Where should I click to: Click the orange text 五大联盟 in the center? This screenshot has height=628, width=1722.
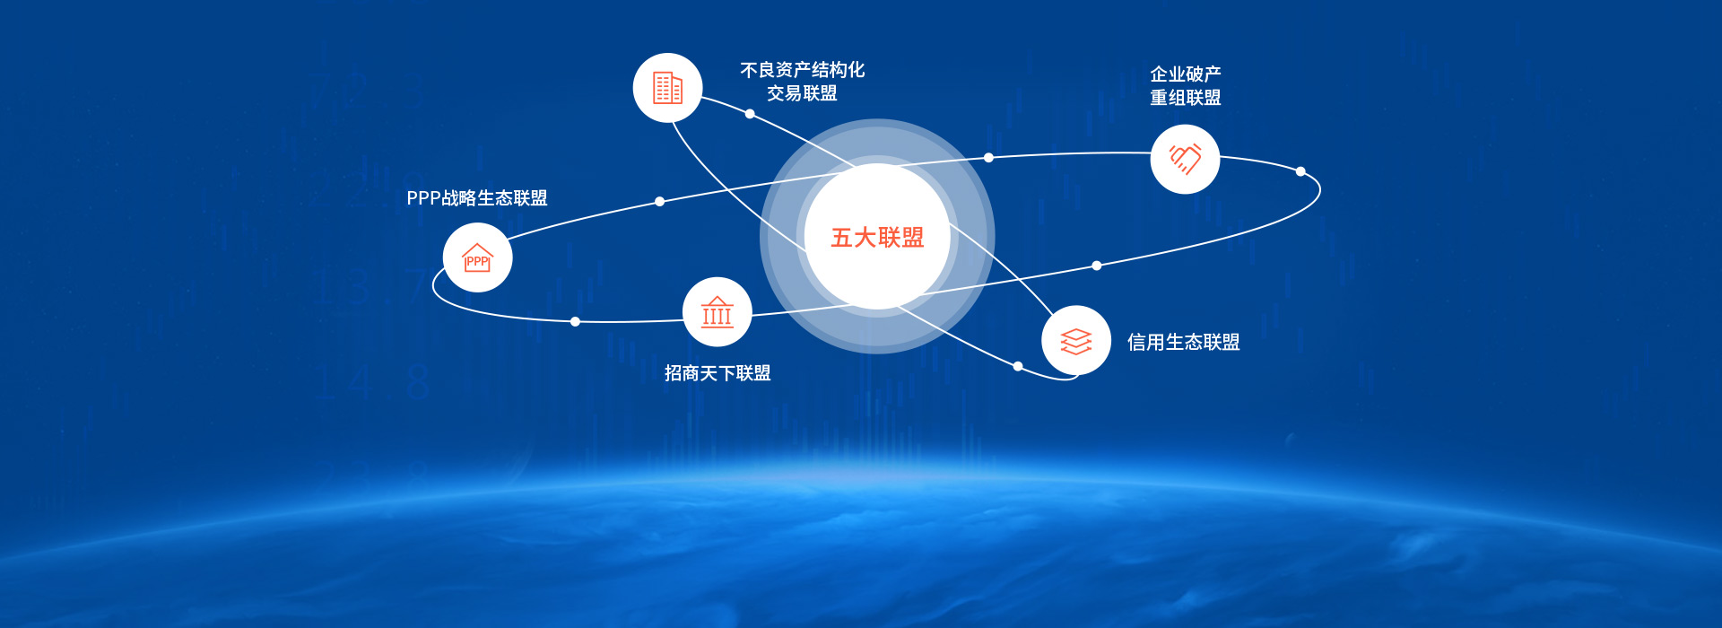click(x=877, y=238)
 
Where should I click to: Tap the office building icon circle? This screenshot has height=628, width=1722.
click(x=667, y=88)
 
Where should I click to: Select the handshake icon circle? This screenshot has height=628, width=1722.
click(x=1185, y=159)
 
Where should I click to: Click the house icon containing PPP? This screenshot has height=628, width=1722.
click(x=477, y=257)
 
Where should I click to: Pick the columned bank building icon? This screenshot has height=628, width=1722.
click(x=717, y=311)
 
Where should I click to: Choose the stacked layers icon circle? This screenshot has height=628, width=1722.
click(x=1076, y=341)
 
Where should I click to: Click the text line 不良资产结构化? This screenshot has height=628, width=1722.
click(x=802, y=70)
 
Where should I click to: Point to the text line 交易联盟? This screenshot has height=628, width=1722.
click(x=802, y=93)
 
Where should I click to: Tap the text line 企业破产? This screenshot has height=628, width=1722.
click(x=1186, y=74)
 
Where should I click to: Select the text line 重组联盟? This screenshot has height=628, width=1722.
click(x=1186, y=98)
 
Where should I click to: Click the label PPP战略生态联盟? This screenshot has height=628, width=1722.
click(x=477, y=198)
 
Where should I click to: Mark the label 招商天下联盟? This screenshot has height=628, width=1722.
click(x=717, y=373)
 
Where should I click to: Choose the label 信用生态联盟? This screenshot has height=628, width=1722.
click(x=1184, y=342)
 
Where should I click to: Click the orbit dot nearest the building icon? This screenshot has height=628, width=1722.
click(x=750, y=114)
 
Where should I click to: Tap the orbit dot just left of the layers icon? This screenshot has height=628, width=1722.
click(x=1017, y=366)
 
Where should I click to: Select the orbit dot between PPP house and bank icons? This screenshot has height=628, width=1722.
click(x=575, y=321)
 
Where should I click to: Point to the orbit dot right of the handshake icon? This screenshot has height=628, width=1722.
click(x=1300, y=171)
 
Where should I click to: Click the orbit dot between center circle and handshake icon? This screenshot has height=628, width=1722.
click(x=988, y=158)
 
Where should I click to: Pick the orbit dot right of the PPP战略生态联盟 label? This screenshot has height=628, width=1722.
click(x=659, y=201)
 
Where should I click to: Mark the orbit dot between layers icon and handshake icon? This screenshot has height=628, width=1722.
click(x=1096, y=266)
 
